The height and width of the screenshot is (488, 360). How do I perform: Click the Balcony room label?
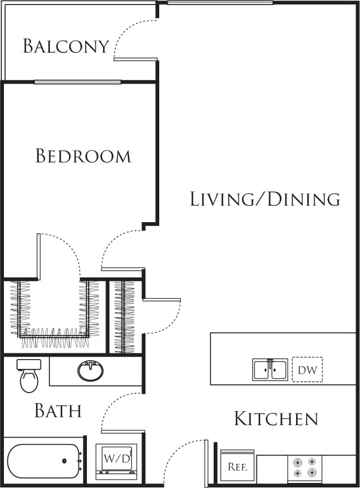[66, 46]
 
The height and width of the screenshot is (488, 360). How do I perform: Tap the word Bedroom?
[83, 155]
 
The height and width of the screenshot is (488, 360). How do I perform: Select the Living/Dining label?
[265, 199]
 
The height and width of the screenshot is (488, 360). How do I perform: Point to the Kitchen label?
[276, 418]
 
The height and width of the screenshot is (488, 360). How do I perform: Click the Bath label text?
[58, 411]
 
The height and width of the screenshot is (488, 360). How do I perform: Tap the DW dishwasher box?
[307, 370]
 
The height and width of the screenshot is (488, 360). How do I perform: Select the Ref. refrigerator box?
[237, 466]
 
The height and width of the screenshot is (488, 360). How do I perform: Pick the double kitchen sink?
[270, 370]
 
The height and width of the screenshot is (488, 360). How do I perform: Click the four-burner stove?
[305, 467]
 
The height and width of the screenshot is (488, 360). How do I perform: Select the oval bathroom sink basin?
[90, 371]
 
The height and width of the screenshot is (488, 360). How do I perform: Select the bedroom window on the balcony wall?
[77, 82]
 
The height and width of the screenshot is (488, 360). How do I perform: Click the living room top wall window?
[220, 3]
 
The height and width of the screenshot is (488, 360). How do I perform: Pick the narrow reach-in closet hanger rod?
[124, 316]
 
